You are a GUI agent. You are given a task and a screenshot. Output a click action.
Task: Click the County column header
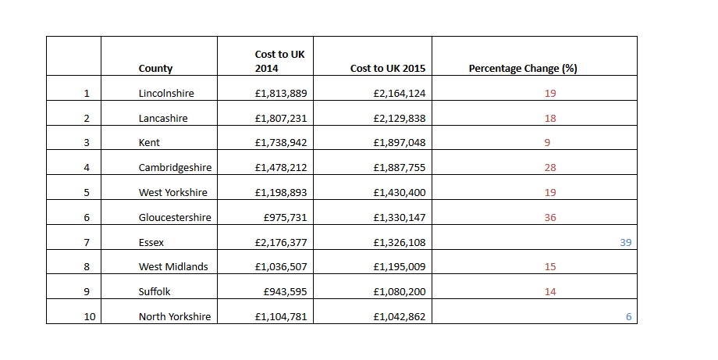[x=155, y=69]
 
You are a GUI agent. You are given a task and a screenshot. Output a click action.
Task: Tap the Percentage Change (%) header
[x=522, y=69]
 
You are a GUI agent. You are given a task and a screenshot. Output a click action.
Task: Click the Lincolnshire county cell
[x=166, y=94]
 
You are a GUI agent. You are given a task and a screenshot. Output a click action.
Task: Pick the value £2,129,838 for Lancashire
[x=399, y=119]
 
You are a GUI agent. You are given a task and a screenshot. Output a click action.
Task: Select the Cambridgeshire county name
[x=175, y=168]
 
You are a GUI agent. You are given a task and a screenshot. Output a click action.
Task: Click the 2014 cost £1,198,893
[x=281, y=193]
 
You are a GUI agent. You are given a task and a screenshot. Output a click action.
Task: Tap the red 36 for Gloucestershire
[x=550, y=218]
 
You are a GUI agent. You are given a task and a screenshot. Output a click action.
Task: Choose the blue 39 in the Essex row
[x=625, y=243]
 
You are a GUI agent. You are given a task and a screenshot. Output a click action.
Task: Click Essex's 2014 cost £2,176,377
[x=281, y=243]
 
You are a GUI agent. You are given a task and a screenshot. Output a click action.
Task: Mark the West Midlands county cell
[x=173, y=267]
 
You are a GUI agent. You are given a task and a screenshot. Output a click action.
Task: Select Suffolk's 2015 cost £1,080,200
[x=399, y=292]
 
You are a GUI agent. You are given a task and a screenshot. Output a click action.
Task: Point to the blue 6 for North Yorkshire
[x=628, y=317]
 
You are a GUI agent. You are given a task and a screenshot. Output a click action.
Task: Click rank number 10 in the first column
[x=87, y=317]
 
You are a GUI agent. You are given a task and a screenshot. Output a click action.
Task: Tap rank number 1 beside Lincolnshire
[x=87, y=94]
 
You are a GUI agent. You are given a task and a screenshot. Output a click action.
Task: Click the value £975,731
[x=286, y=218]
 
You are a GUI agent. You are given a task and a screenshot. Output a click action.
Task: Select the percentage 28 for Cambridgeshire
[x=550, y=168]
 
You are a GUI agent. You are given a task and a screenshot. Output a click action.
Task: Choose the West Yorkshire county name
[x=173, y=193]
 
